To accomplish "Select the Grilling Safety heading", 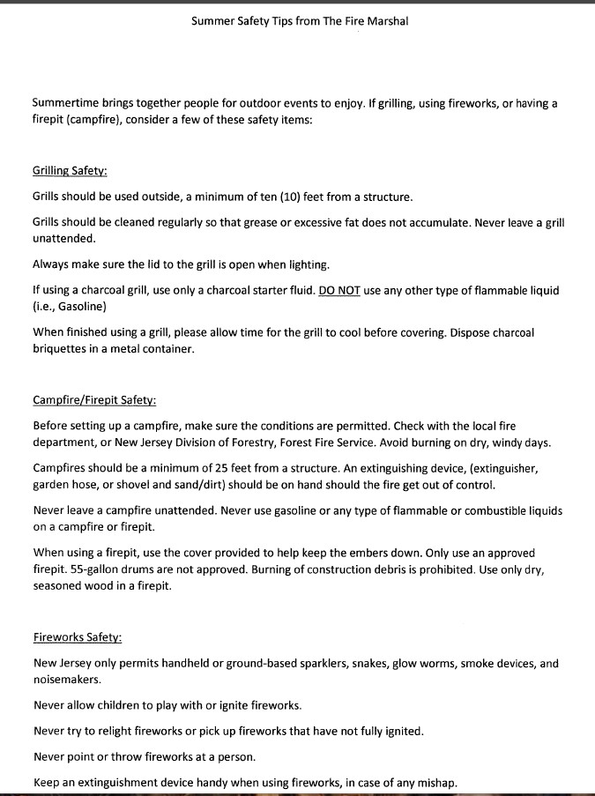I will point(70,171).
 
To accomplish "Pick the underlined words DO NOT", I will point(339,291).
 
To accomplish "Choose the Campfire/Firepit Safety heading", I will point(94,400).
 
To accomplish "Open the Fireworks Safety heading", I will point(77,636).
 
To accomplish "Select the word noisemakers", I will point(67,680).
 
